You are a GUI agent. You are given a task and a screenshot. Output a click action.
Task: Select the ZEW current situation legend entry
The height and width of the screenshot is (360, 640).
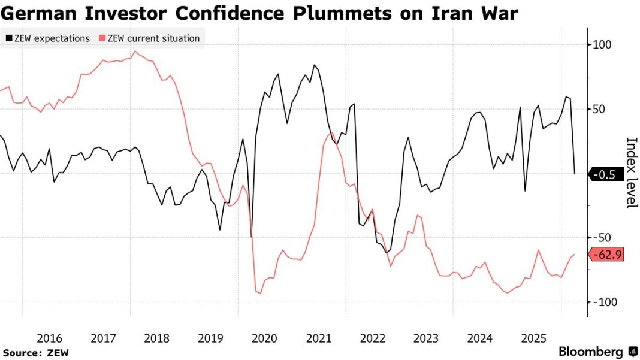point(153,38)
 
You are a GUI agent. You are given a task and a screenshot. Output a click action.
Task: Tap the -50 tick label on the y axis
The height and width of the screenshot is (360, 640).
point(602,238)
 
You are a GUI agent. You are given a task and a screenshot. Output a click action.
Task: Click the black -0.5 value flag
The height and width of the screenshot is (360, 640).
point(606,174)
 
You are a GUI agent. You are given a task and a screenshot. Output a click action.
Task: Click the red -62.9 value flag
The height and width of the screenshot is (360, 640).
point(608,255)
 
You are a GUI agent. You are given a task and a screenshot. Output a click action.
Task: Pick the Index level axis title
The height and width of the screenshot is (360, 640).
point(631,173)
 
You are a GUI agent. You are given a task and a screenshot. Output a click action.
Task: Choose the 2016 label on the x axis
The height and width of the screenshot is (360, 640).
point(49,338)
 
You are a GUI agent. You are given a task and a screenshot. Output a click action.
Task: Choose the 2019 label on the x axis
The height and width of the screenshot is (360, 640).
point(211,338)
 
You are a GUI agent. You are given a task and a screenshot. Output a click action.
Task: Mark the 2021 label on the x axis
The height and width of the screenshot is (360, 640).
point(318,338)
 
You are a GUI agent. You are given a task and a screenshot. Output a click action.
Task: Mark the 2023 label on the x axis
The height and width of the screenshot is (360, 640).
point(426,338)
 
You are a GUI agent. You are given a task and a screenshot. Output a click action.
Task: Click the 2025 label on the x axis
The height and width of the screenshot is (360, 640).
point(533,338)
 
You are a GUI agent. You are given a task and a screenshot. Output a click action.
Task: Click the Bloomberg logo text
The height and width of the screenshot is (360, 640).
point(591,352)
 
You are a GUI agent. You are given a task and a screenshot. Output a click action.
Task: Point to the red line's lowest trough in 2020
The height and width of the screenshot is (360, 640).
point(260,293)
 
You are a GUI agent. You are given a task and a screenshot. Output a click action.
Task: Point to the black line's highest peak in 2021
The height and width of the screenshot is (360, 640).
point(314,65)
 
